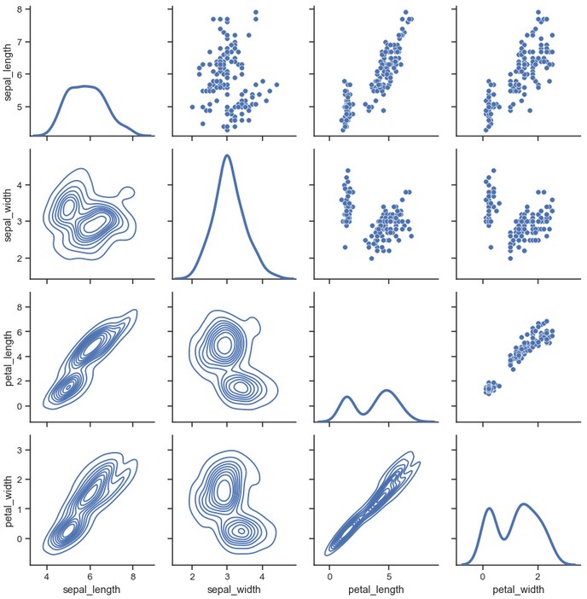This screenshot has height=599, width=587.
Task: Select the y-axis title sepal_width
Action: tap(9, 214)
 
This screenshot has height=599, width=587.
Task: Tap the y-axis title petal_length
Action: tap(9, 357)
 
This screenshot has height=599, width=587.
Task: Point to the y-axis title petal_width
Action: tap(9, 500)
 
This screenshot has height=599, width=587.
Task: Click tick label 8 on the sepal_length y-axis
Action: tap(21, 9)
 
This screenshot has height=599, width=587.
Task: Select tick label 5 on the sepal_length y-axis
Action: tap(21, 108)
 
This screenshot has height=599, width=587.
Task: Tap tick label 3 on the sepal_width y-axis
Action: tap(21, 221)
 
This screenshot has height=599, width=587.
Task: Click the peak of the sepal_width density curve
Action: tap(227, 155)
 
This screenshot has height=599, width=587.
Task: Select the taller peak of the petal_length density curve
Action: tap(387, 390)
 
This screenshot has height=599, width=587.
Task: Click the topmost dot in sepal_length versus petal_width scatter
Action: tap(538, 13)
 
